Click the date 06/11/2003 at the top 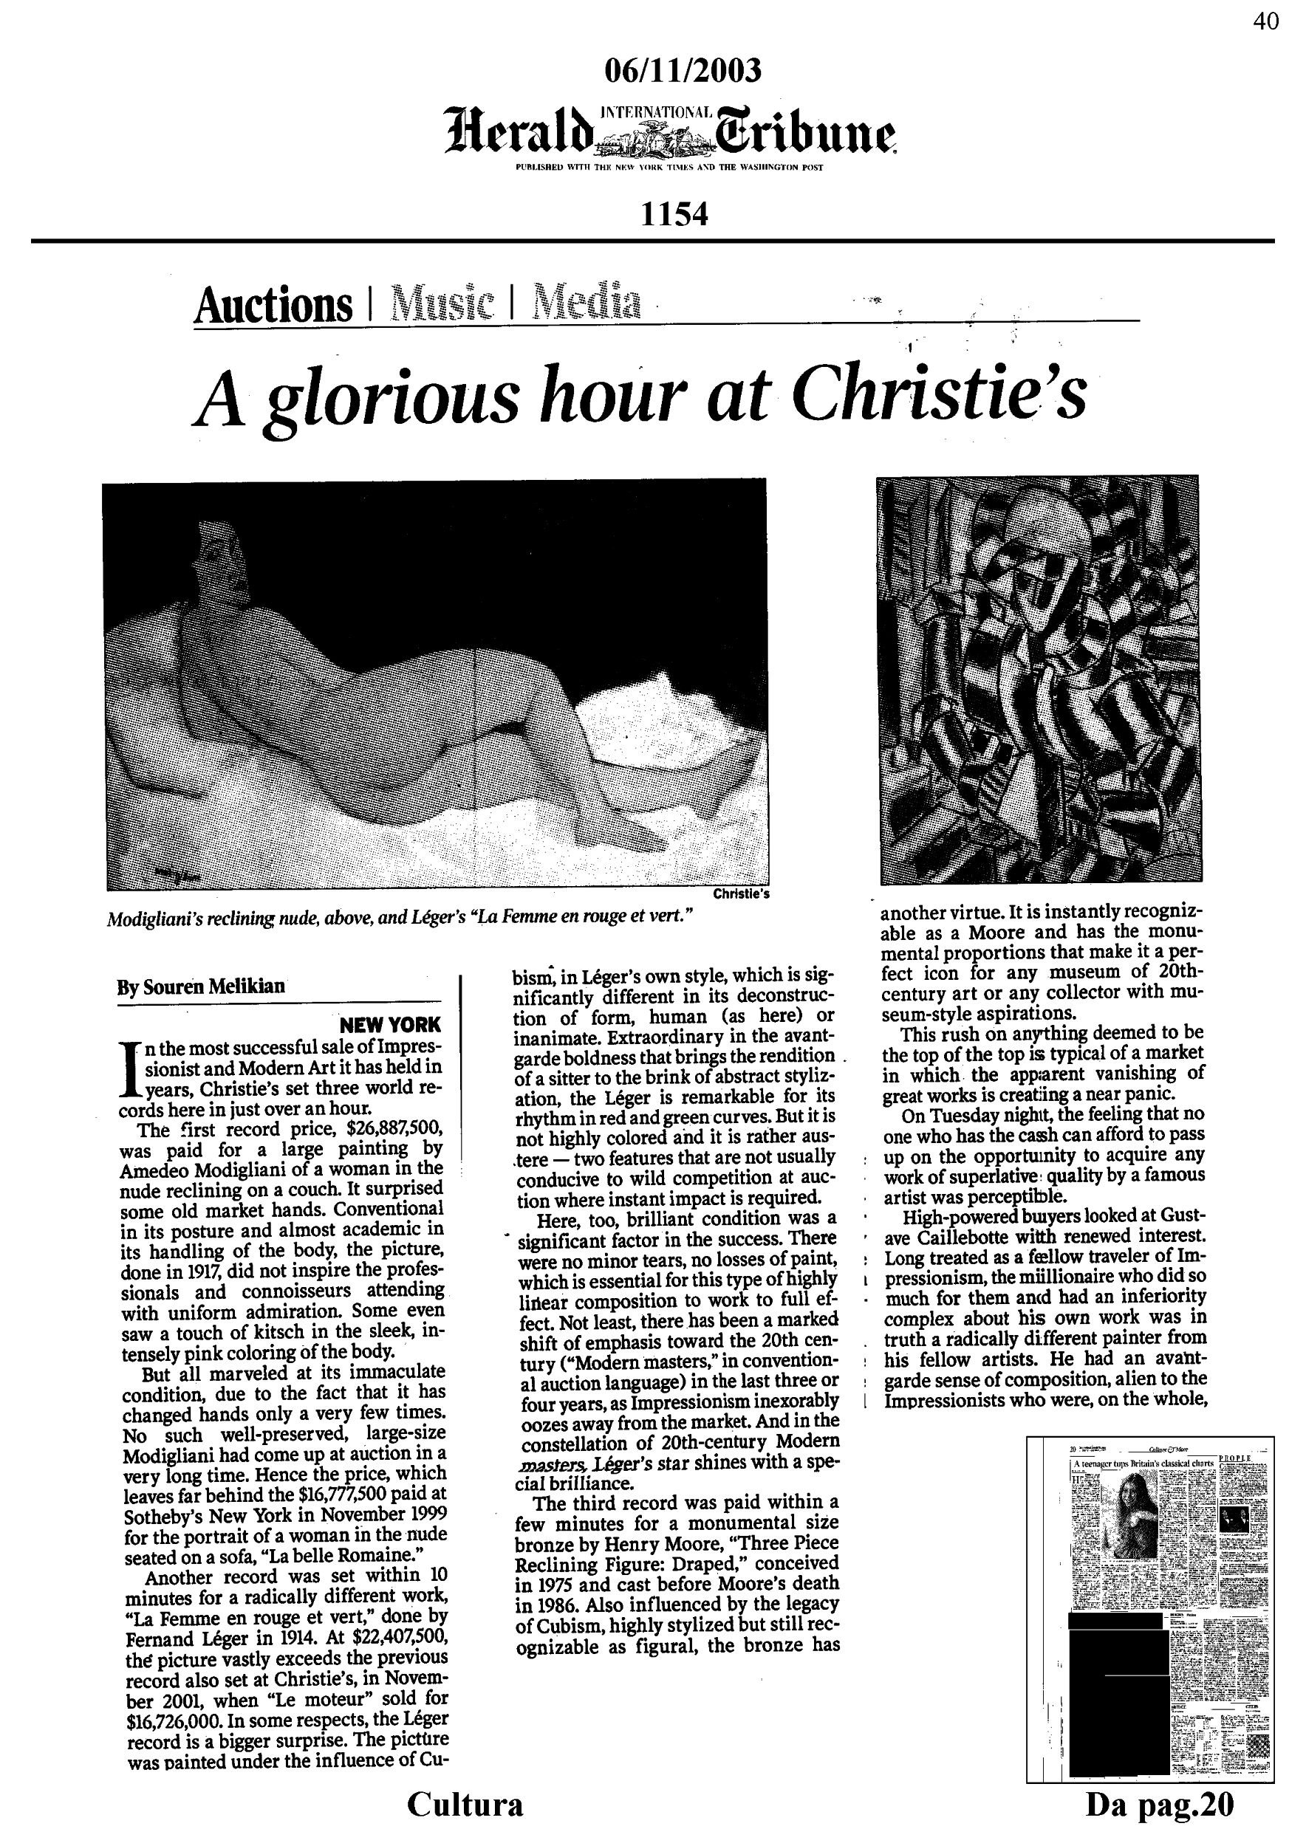click(682, 71)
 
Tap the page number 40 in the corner click(1266, 22)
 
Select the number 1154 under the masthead click(674, 213)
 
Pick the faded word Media click(589, 302)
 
